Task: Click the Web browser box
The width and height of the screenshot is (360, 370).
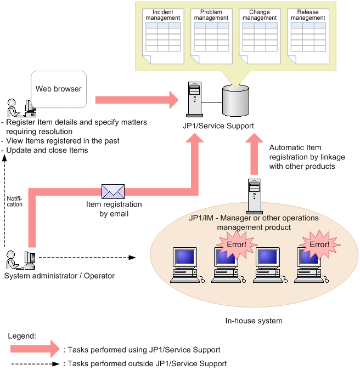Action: point(58,89)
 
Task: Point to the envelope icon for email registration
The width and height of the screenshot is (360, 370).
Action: point(113,190)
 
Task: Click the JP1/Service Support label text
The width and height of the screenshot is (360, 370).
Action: point(218,126)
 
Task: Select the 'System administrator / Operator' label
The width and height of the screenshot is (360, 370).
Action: point(59,276)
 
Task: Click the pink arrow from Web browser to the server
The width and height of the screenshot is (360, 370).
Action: point(137,100)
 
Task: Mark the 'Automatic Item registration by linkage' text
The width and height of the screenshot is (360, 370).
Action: point(307,157)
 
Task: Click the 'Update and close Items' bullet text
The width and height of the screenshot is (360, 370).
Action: point(46,150)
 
